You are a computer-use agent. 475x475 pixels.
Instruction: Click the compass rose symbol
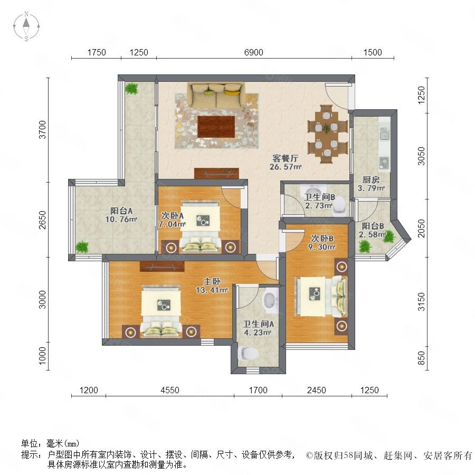pyautogui.click(x=26, y=26)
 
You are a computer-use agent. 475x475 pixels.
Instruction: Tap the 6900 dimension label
pyautogui.click(x=253, y=52)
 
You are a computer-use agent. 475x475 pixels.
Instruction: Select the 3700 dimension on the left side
pyautogui.click(x=42, y=130)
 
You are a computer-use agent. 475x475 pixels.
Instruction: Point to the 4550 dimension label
pyautogui.click(x=170, y=390)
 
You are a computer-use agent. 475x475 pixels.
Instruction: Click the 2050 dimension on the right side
pyautogui.click(x=421, y=229)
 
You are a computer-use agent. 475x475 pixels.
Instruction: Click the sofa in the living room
pyautogui.click(x=216, y=94)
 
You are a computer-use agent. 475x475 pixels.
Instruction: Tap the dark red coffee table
pyautogui.click(x=216, y=127)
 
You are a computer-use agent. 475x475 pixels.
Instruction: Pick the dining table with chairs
pyautogui.click(x=327, y=134)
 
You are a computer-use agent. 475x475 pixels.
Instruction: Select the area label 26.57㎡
pyautogui.click(x=286, y=167)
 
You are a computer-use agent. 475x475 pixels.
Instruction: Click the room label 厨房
pyautogui.click(x=371, y=179)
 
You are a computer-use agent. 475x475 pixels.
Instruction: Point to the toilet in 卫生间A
pyautogui.click(x=248, y=353)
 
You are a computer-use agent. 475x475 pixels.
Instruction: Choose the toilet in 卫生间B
pyautogui.click(x=339, y=206)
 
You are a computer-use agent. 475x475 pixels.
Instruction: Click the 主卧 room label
pyautogui.click(x=212, y=282)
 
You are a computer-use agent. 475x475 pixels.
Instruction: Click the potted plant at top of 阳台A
pyautogui.click(x=132, y=89)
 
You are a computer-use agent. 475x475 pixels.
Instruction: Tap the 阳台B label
pyautogui.click(x=373, y=226)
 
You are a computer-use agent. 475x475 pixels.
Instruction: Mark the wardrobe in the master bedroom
pyautogui.click(x=162, y=267)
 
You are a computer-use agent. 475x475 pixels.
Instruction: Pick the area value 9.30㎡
pyautogui.click(x=322, y=247)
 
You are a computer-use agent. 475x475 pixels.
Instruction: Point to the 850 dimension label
pyautogui.click(x=421, y=358)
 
